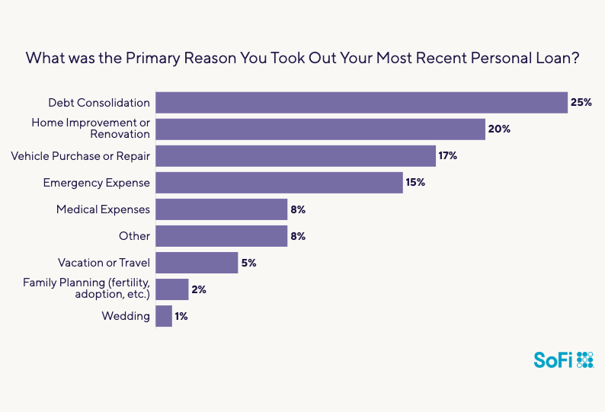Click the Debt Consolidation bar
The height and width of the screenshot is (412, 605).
pos(361,103)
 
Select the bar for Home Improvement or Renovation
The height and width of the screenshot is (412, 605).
pos(320,129)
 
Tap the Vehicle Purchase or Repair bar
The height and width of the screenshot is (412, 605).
pos(295,156)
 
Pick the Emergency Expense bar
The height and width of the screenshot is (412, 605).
pos(279,183)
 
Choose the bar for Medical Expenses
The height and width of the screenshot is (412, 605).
pos(221,209)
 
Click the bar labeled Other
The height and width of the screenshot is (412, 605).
pos(221,236)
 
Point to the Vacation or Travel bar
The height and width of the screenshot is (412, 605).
pos(197,263)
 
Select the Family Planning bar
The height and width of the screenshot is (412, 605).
pos(171,289)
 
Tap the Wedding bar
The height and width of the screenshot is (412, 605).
pos(163,316)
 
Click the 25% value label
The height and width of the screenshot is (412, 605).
pos(581,103)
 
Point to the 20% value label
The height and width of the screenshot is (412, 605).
pos(499,129)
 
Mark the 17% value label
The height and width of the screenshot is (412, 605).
pos(448,156)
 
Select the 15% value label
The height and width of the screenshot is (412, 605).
pos(415,183)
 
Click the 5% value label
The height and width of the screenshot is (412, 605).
pos(249,263)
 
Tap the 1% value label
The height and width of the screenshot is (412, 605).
pos(181,316)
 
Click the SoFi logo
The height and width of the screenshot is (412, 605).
pos(563,360)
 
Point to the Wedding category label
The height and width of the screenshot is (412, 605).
pos(126,316)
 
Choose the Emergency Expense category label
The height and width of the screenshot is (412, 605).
pos(97,183)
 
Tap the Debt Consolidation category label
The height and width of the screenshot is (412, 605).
pos(99,103)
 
